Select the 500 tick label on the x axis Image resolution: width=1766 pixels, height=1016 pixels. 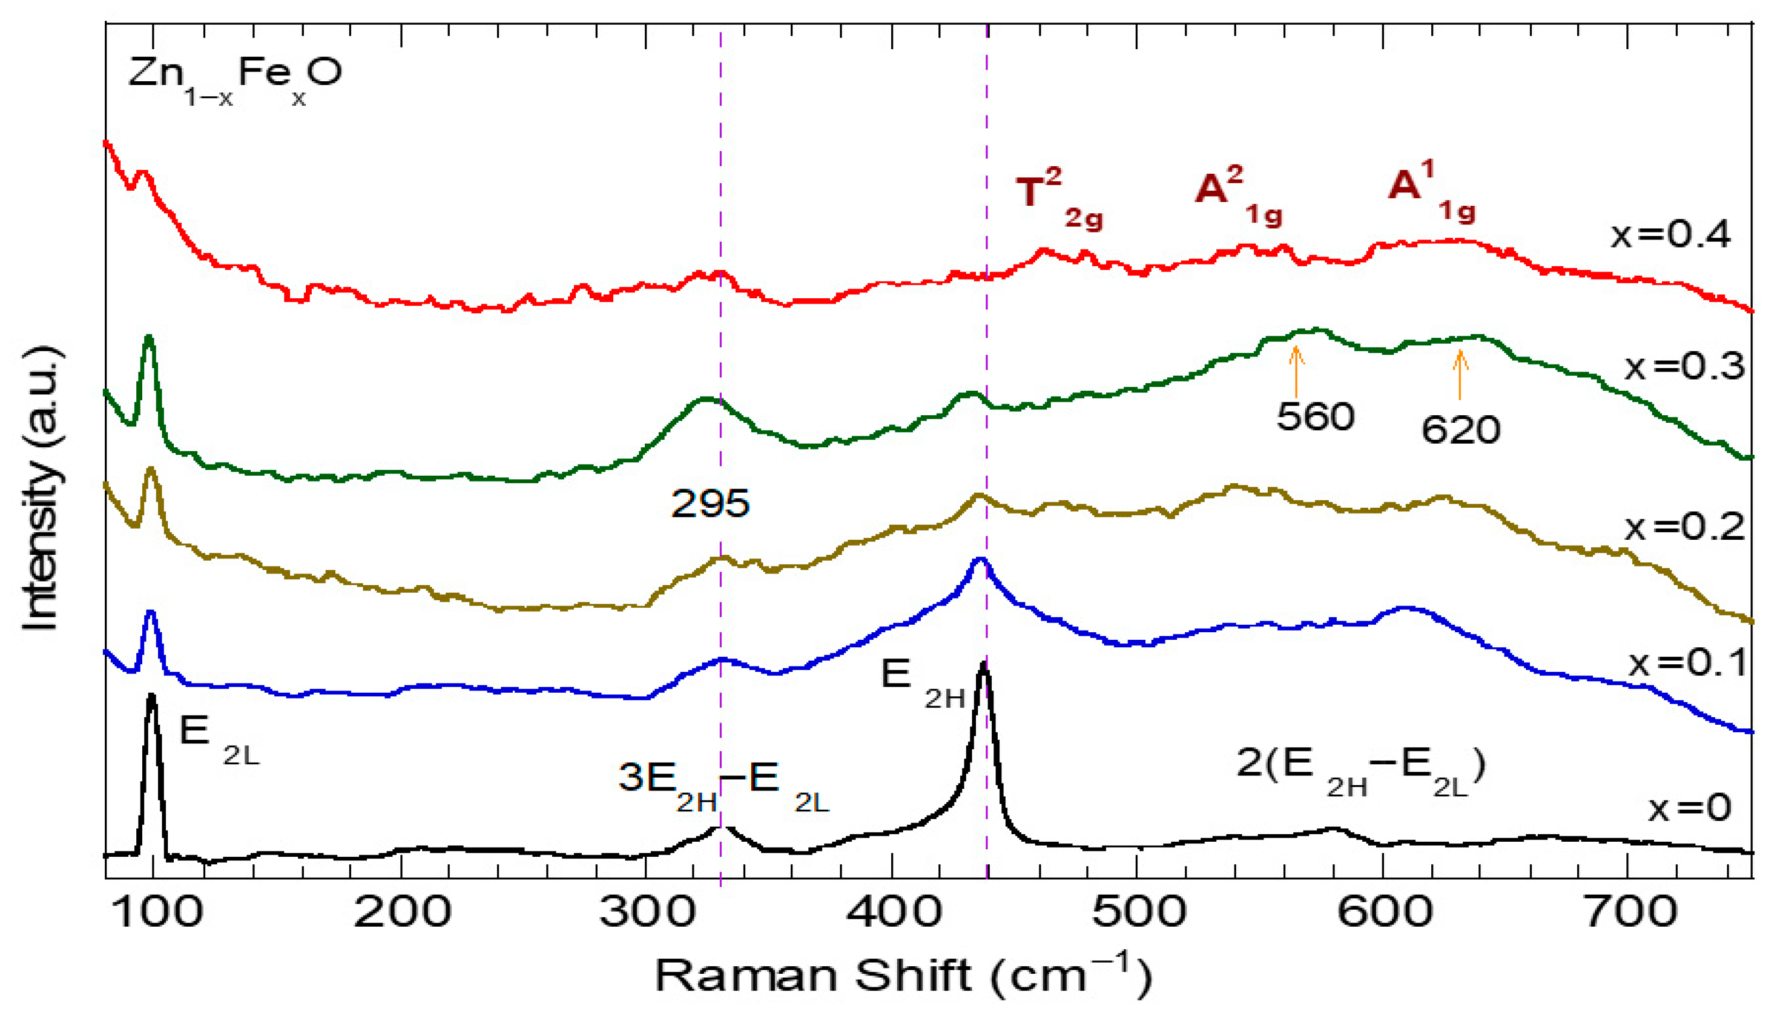click(1138, 911)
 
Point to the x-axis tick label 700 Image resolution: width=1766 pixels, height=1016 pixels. click(1630, 911)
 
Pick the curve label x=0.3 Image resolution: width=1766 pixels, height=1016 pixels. click(1684, 366)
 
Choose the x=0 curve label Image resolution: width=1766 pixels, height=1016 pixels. click(1689, 808)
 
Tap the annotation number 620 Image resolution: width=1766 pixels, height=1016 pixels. click(1460, 430)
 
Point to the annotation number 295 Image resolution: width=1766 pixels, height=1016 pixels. click(710, 503)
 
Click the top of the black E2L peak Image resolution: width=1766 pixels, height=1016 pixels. click(151, 696)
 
